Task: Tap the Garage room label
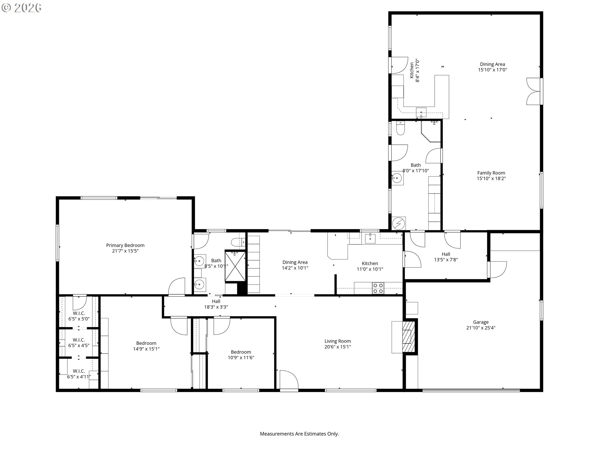tap(480, 322)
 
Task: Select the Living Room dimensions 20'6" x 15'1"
tap(338, 347)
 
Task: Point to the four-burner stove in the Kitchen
tap(377, 288)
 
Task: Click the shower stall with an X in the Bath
tap(235, 266)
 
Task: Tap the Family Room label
tap(491, 173)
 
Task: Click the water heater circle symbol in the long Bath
tap(398, 223)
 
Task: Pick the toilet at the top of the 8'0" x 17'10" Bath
tap(400, 128)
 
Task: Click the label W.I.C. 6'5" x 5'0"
tap(79, 316)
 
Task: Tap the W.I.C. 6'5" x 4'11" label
tap(79, 374)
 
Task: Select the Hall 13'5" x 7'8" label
tap(446, 257)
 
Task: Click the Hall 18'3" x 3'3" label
tap(216, 304)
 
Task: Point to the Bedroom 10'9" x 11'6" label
tap(241, 355)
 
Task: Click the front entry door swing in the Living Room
tap(289, 379)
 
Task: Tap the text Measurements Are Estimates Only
tap(299, 434)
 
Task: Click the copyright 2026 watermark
tap(21, 8)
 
